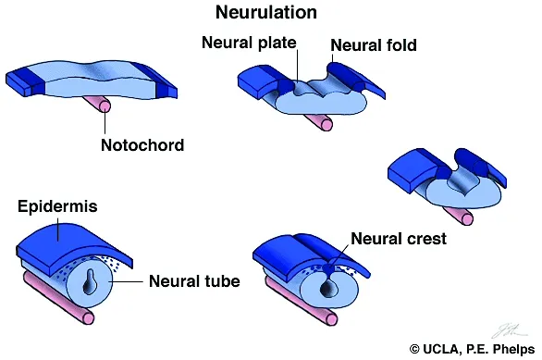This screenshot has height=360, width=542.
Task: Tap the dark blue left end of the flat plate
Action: point(20,81)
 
